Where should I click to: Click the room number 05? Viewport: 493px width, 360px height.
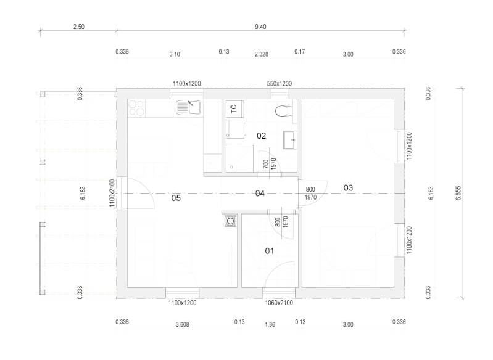click(x=176, y=198)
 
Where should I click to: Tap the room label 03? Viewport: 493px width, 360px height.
click(x=348, y=188)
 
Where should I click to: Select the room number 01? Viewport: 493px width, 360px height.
click(x=270, y=251)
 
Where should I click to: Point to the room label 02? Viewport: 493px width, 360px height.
click(x=261, y=136)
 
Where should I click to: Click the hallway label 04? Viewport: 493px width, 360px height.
click(x=260, y=194)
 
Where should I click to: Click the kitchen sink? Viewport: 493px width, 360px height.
click(x=188, y=107)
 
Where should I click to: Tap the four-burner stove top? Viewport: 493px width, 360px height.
click(x=136, y=108)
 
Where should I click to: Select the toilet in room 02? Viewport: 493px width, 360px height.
click(x=284, y=111)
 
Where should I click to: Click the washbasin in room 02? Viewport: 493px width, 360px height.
click(x=290, y=140)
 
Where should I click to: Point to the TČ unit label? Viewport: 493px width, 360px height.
click(x=234, y=109)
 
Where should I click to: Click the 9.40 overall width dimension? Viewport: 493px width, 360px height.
click(x=260, y=27)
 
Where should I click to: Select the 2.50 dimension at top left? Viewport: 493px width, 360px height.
click(x=78, y=27)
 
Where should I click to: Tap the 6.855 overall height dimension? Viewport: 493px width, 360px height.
click(x=458, y=193)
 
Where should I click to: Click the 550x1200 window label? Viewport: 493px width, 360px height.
click(x=279, y=84)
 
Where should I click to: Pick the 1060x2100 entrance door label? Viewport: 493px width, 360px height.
click(x=279, y=303)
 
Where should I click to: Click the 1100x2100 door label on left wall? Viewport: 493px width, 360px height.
click(x=112, y=193)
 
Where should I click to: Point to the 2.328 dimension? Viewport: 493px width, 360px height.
click(x=262, y=54)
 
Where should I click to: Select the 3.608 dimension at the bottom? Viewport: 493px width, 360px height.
click(x=183, y=324)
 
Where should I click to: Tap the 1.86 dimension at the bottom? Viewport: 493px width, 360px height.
click(x=270, y=324)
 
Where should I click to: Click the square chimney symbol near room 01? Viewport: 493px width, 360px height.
click(x=231, y=221)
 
